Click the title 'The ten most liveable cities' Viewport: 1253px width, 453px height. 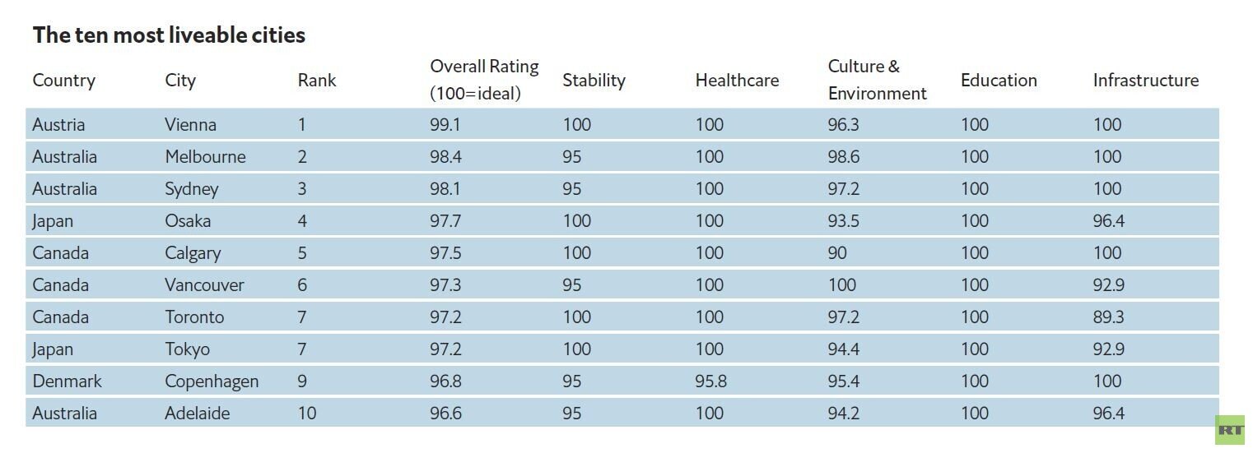(169, 35)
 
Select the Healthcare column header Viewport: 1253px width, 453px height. (737, 81)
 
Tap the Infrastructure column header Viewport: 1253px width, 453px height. (1146, 81)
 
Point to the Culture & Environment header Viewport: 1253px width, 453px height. (877, 80)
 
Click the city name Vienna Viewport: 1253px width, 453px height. (190, 125)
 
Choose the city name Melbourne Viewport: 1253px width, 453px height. (205, 156)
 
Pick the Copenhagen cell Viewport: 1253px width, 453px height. (212, 381)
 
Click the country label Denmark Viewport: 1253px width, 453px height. (68, 381)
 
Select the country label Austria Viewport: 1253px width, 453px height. (58, 125)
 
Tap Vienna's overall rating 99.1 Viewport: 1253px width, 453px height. (445, 125)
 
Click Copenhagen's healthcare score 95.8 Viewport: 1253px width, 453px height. (711, 381)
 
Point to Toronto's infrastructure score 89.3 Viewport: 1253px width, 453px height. (1109, 317)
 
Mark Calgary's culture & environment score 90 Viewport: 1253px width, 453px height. (837, 253)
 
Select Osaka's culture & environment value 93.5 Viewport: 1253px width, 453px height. (844, 220)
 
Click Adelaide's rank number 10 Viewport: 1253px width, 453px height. (307, 414)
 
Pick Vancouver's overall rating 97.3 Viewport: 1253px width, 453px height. (445, 284)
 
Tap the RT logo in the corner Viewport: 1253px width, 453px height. (1231, 430)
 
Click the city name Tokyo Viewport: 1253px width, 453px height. (188, 349)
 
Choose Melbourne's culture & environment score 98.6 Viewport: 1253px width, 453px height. (844, 156)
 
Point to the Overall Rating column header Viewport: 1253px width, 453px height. (484, 80)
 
